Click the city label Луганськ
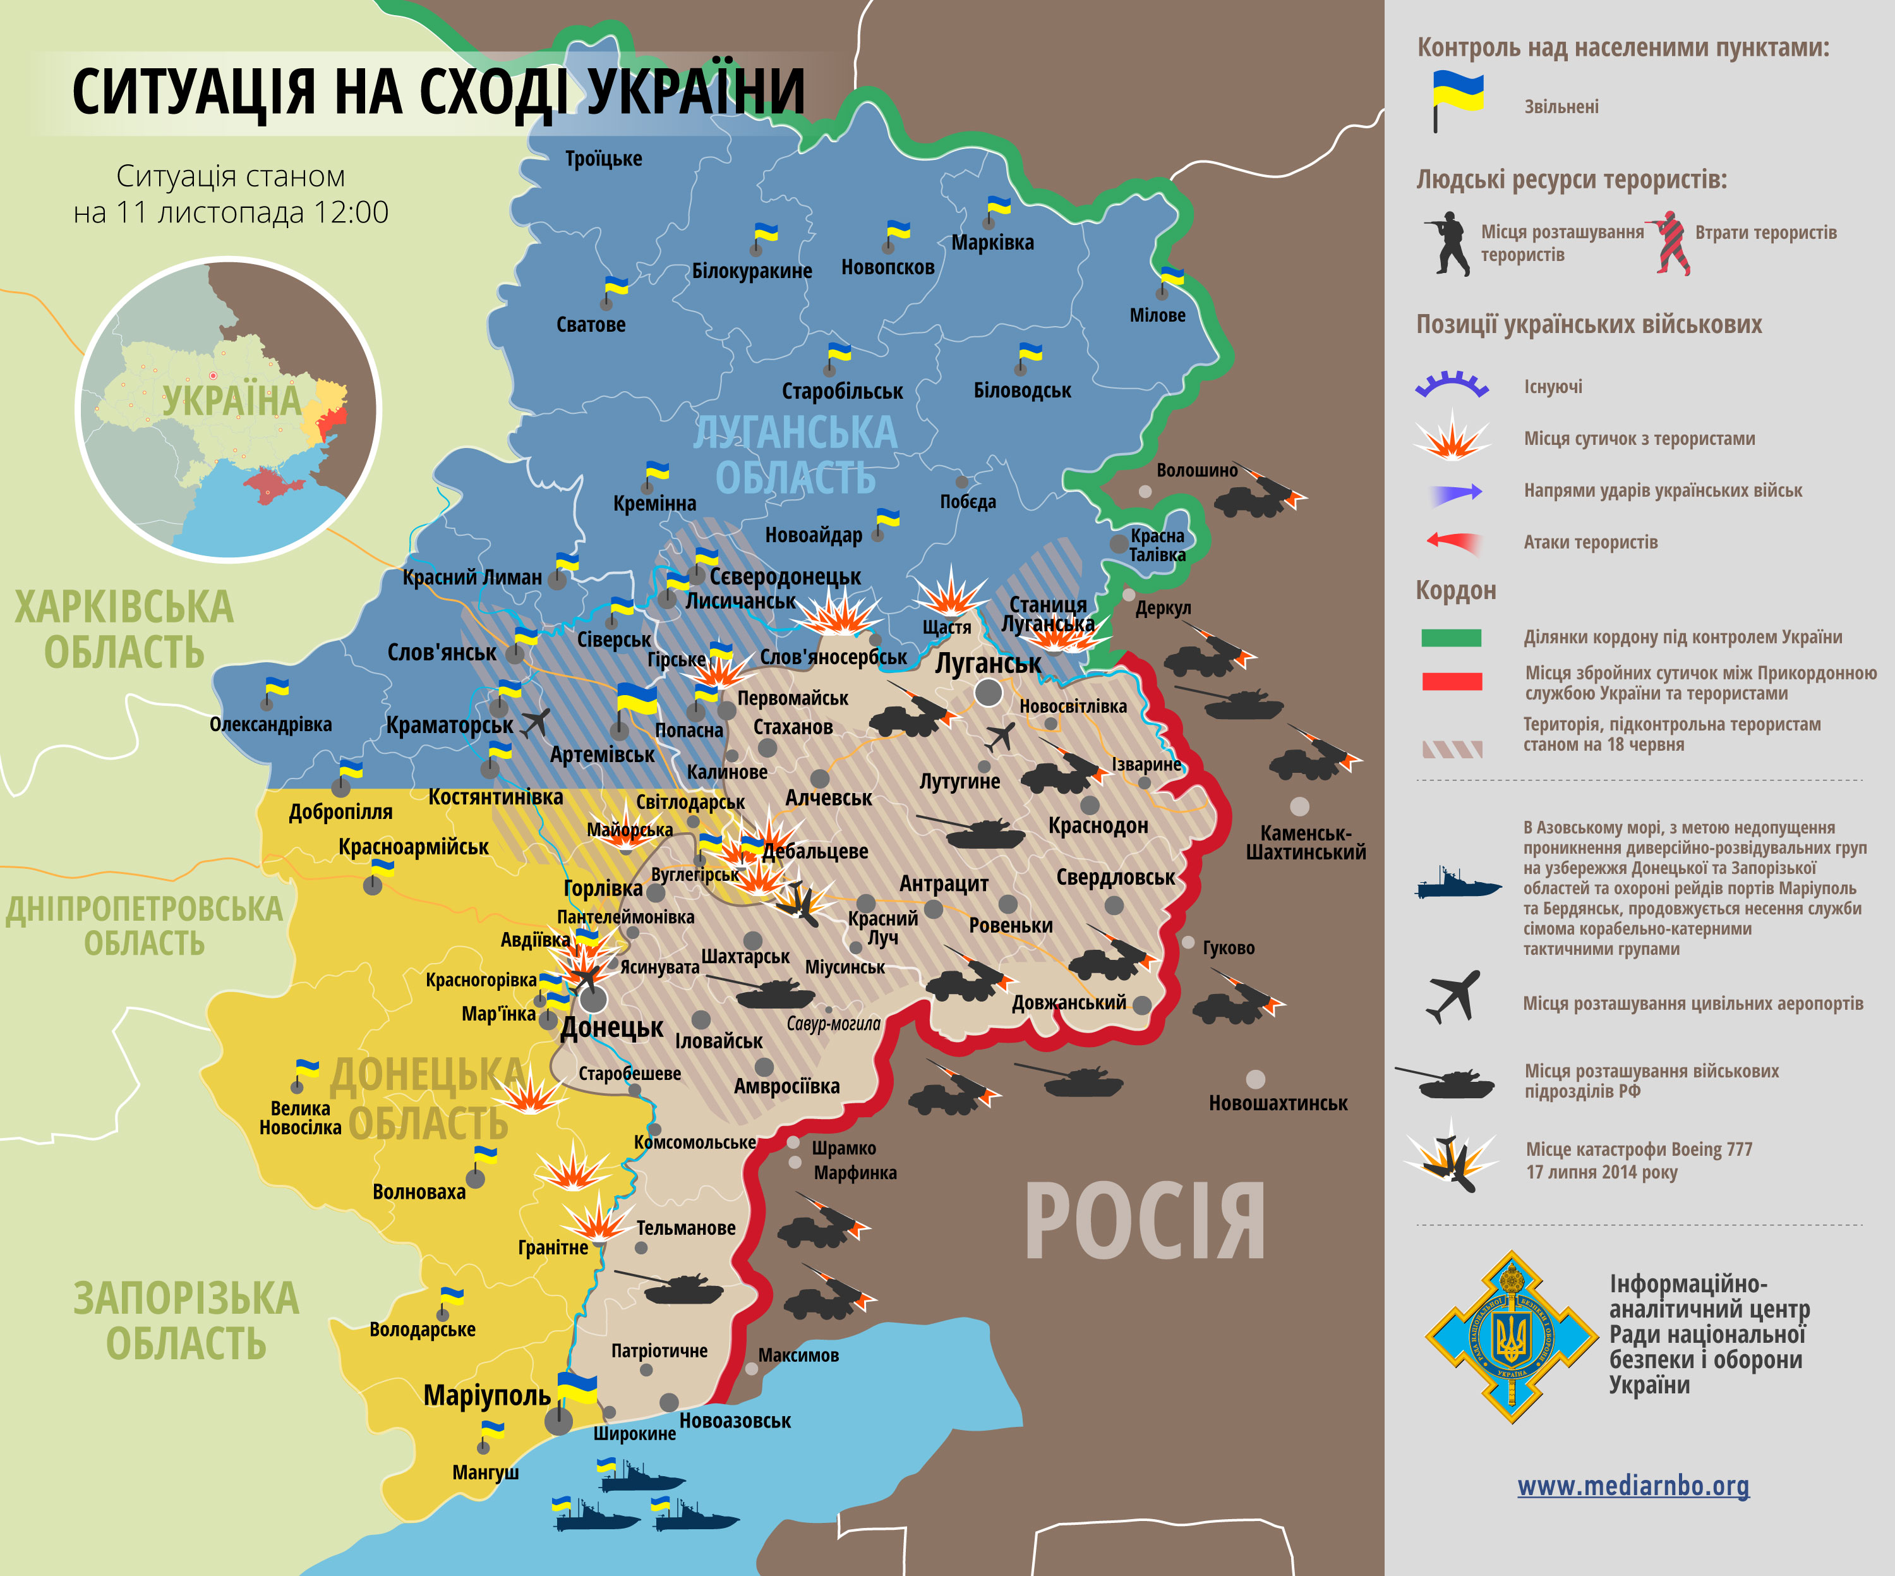[x=987, y=664]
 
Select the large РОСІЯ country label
[x=1144, y=1222]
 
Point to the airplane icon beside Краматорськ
[x=536, y=722]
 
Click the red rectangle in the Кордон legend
[x=1451, y=681]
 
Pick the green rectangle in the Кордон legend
[x=1451, y=637]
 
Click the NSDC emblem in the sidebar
[x=1510, y=1336]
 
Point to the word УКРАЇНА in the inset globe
[x=231, y=401]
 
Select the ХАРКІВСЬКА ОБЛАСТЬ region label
[x=124, y=629]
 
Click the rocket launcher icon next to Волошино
[x=1260, y=492]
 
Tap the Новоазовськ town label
[x=735, y=1421]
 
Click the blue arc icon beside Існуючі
[x=1451, y=386]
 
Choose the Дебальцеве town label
[x=815, y=851]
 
